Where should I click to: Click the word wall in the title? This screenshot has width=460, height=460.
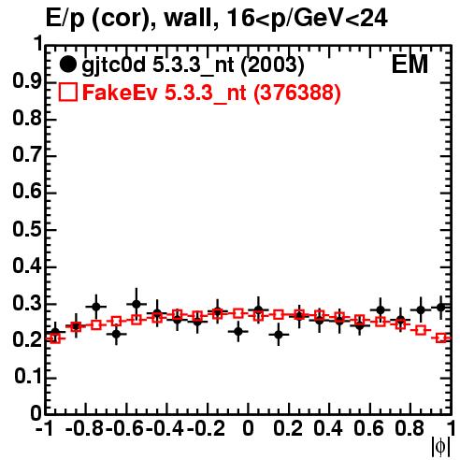(188, 18)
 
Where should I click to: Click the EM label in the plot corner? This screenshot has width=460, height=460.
(410, 65)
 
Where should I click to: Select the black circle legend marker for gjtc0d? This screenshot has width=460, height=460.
(67, 65)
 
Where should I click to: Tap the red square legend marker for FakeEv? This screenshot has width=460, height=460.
(67, 93)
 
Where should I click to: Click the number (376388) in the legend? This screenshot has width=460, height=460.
(297, 93)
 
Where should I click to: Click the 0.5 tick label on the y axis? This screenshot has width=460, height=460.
(27, 230)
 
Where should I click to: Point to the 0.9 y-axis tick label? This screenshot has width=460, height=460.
(27, 82)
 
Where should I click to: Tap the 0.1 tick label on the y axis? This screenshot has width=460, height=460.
(27, 377)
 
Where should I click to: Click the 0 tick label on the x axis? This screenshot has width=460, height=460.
(248, 428)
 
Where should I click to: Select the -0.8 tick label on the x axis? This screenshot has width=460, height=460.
(85, 428)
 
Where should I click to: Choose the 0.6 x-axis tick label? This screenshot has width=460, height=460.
(368, 428)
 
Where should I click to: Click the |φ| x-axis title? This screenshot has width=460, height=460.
(440, 447)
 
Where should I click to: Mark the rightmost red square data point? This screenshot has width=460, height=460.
(441, 338)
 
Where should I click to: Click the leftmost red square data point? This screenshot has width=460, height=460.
(55, 338)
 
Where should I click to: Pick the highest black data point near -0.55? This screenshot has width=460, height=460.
(137, 304)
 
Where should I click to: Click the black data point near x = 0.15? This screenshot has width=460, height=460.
(279, 335)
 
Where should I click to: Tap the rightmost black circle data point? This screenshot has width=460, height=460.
(440, 308)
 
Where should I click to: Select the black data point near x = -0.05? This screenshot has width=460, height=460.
(238, 331)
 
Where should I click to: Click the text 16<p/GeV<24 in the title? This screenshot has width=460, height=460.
(307, 19)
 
